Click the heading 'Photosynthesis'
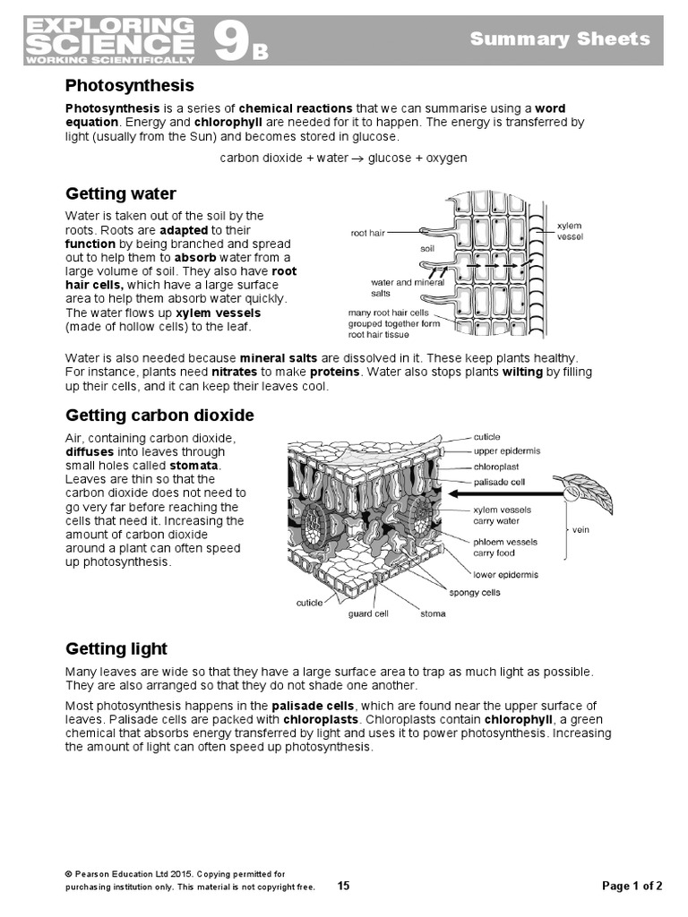pyautogui.click(x=129, y=86)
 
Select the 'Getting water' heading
pyautogui.click(x=121, y=194)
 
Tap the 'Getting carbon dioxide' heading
pyautogui.click(x=159, y=416)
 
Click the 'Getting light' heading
pyautogui.click(x=116, y=648)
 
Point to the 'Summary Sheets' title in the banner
pyautogui.click(x=560, y=39)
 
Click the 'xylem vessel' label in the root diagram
pyautogui.click(x=570, y=231)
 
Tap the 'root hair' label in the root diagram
pyautogui.click(x=367, y=233)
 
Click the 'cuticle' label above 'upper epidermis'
pyautogui.click(x=487, y=437)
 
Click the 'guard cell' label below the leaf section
pyautogui.click(x=368, y=614)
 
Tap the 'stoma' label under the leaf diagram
pyautogui.click(x=433, y=614)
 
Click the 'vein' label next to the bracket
pyautogui.click(x=581, y=528)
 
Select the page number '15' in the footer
pyautogui.click(x=344, y=886)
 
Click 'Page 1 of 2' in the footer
pyautogui.click(x=632, y=886)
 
